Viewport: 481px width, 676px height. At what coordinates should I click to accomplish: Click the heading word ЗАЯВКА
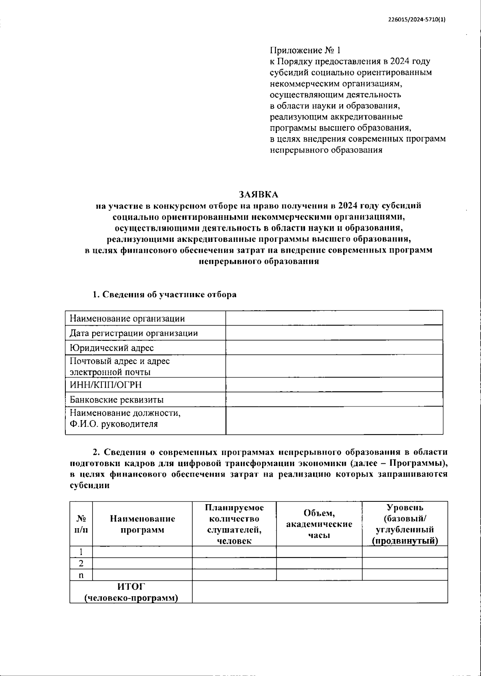pos(259,195)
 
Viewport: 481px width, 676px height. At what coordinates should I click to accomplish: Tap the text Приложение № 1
pos(305,50)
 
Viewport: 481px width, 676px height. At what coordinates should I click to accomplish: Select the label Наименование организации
pos(127,319)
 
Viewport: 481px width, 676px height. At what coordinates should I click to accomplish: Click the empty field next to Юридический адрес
pos(334,348)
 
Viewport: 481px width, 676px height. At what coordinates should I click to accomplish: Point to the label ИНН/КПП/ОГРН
pos(106,385)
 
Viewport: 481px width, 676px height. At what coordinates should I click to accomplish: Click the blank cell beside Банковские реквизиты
pos(334,399)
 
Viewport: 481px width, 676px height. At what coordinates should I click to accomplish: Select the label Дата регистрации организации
pos(133,333)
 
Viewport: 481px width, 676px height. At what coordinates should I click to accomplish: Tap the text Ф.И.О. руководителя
pos(113,424)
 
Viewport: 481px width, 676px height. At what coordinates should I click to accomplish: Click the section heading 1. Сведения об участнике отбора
pos(165,295)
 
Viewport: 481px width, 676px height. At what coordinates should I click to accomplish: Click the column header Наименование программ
pos(142,524)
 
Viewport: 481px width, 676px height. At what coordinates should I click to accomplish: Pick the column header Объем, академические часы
pos(319,524)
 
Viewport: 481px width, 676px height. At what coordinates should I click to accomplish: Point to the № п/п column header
pos(81,524)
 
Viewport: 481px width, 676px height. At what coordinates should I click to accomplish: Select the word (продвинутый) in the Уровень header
pos(404,541)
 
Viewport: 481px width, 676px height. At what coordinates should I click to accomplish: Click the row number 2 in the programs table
pos(81,563)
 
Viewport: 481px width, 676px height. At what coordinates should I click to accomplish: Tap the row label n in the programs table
pos(81,575)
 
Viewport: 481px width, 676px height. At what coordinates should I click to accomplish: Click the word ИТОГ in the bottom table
pos(131,587)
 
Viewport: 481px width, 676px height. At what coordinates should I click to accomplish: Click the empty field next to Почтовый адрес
pos(334,366)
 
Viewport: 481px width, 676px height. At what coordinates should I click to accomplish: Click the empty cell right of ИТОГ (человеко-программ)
pos(319,592)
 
